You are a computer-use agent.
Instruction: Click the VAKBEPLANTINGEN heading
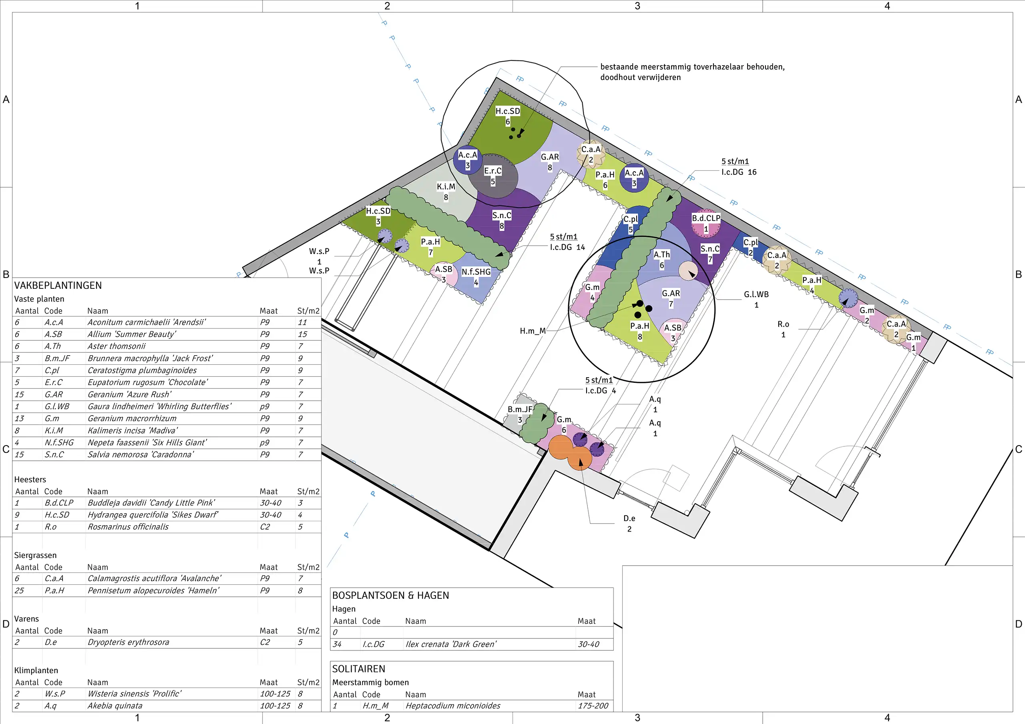58,286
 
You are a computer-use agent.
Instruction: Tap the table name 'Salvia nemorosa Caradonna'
141,454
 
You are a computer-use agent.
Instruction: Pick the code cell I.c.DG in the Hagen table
373,644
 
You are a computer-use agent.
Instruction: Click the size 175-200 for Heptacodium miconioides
593,706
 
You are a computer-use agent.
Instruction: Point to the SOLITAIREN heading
358,669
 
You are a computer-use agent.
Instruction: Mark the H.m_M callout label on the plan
533,331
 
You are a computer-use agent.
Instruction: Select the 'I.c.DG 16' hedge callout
739,172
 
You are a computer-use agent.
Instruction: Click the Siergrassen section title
35,555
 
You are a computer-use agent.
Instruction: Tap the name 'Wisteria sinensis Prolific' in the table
135,694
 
